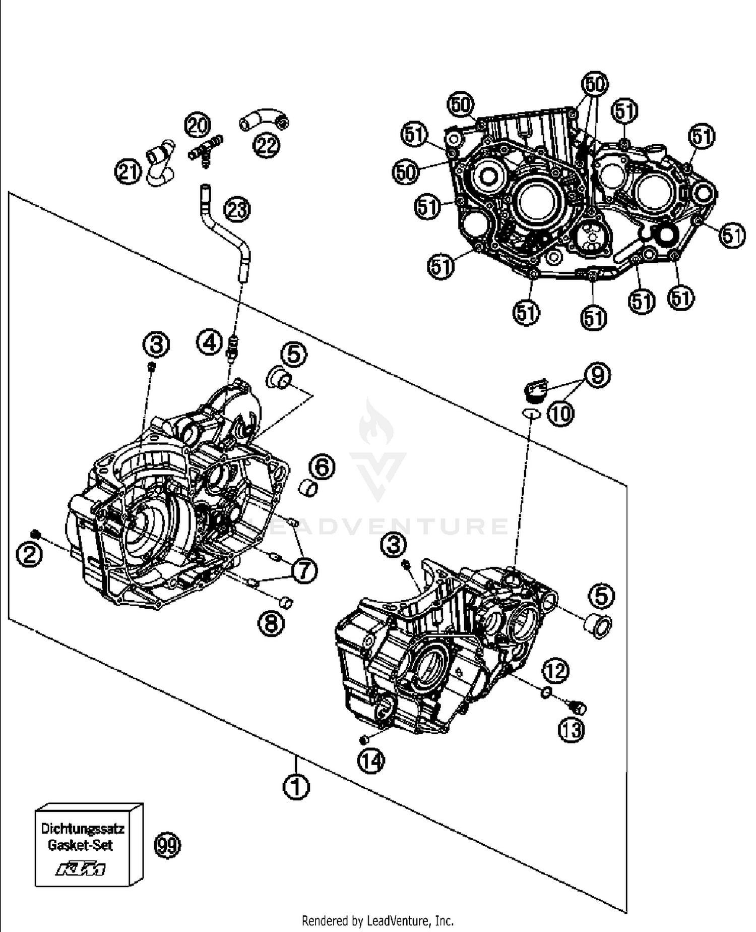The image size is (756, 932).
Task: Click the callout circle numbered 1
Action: click(296, 786)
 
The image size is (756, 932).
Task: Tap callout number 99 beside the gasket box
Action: click(167, 845)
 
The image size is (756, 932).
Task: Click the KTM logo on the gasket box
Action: click(81, 869)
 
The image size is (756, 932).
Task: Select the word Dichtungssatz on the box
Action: click(82, 829)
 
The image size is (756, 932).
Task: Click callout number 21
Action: click(128, 172)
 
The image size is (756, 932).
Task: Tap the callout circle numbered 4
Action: click(210, 342)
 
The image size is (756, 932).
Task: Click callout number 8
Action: click(271, 624)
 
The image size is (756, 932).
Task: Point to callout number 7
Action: click(304, 571)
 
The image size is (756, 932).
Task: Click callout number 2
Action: click(29, 555)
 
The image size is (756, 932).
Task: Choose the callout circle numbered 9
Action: click(597, 375)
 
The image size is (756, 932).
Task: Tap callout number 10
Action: click(560, 414)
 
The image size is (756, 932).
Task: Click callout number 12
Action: click(555, 671)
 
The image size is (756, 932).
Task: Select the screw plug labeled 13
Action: click(579, 708)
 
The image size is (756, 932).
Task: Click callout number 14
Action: click(371, 761)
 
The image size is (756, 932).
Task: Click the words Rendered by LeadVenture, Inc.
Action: click(377, 920)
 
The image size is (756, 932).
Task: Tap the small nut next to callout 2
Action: click(35, 534)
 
